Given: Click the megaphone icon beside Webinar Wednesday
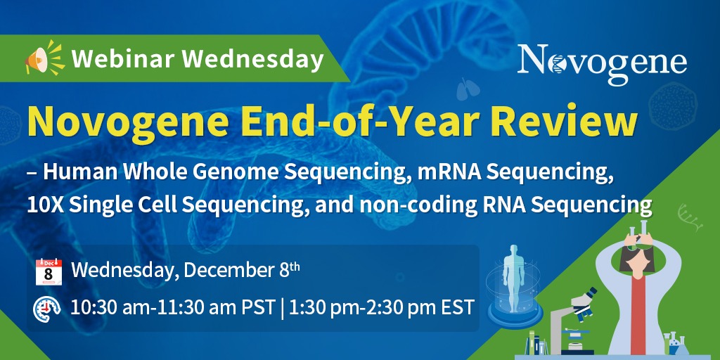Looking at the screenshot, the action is point(44,58).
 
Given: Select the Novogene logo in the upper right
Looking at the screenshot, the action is point(602,63).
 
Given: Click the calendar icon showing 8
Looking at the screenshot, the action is point(49,272).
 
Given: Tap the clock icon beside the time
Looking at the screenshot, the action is point(47,308).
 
